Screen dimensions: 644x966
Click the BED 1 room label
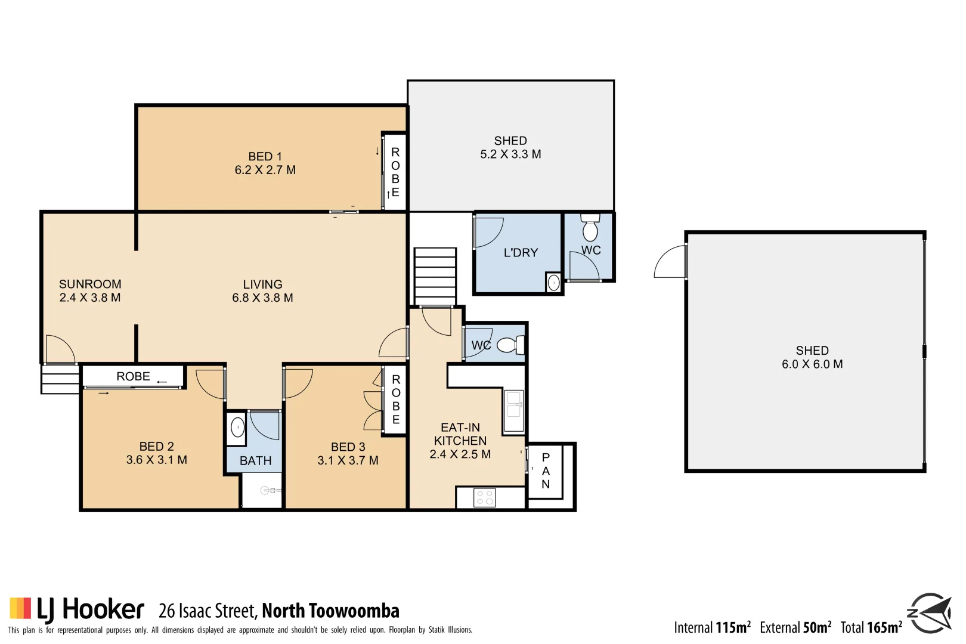(265, 156)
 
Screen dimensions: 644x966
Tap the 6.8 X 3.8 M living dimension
(262, 298)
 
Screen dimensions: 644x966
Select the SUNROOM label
(90, 284)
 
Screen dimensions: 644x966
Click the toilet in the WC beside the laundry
(590, 228)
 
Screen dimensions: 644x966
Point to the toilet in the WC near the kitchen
(510, 345)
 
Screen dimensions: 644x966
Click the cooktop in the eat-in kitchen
(484, 497)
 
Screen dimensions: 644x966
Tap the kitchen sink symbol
(513, 410)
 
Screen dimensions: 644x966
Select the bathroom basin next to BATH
(237, 428)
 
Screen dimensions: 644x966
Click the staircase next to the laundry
(435, 276)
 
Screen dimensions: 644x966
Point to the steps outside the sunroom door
(60, 379)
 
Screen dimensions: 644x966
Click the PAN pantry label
(545, 470)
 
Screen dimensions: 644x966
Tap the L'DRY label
(521, 253)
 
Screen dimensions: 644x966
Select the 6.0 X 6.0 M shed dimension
(812, 364)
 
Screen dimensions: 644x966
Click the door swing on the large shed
(671, 262)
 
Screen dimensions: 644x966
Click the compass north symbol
(928, 612)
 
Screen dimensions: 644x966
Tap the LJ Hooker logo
(77, 609)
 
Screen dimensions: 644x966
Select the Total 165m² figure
(871, 627)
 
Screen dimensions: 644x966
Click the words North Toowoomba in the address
(330, 611)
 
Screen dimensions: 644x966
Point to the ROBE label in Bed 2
(133, 376)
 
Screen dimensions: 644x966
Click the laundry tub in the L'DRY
(553, 283)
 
